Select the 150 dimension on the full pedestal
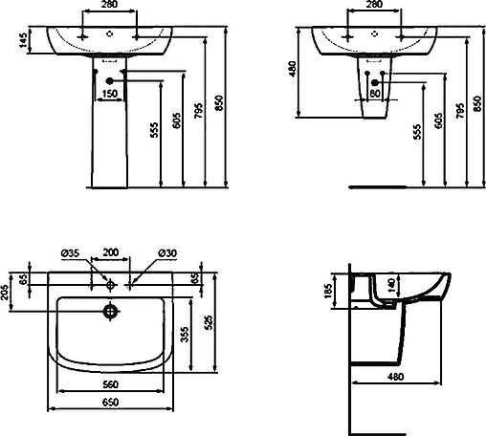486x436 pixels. tap(110, 94)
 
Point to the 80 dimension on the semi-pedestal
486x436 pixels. tap(375, 94)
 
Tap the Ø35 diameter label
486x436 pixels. tap(69, 252)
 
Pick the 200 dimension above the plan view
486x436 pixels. tap(111, 252)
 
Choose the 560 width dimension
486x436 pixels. tap(111, 384)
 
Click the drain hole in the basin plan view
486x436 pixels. tap(111, 311)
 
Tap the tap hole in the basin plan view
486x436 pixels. tap(111, 283)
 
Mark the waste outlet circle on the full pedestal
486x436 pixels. tap(110, 80)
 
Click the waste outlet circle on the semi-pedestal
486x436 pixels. tap(375, 80)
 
